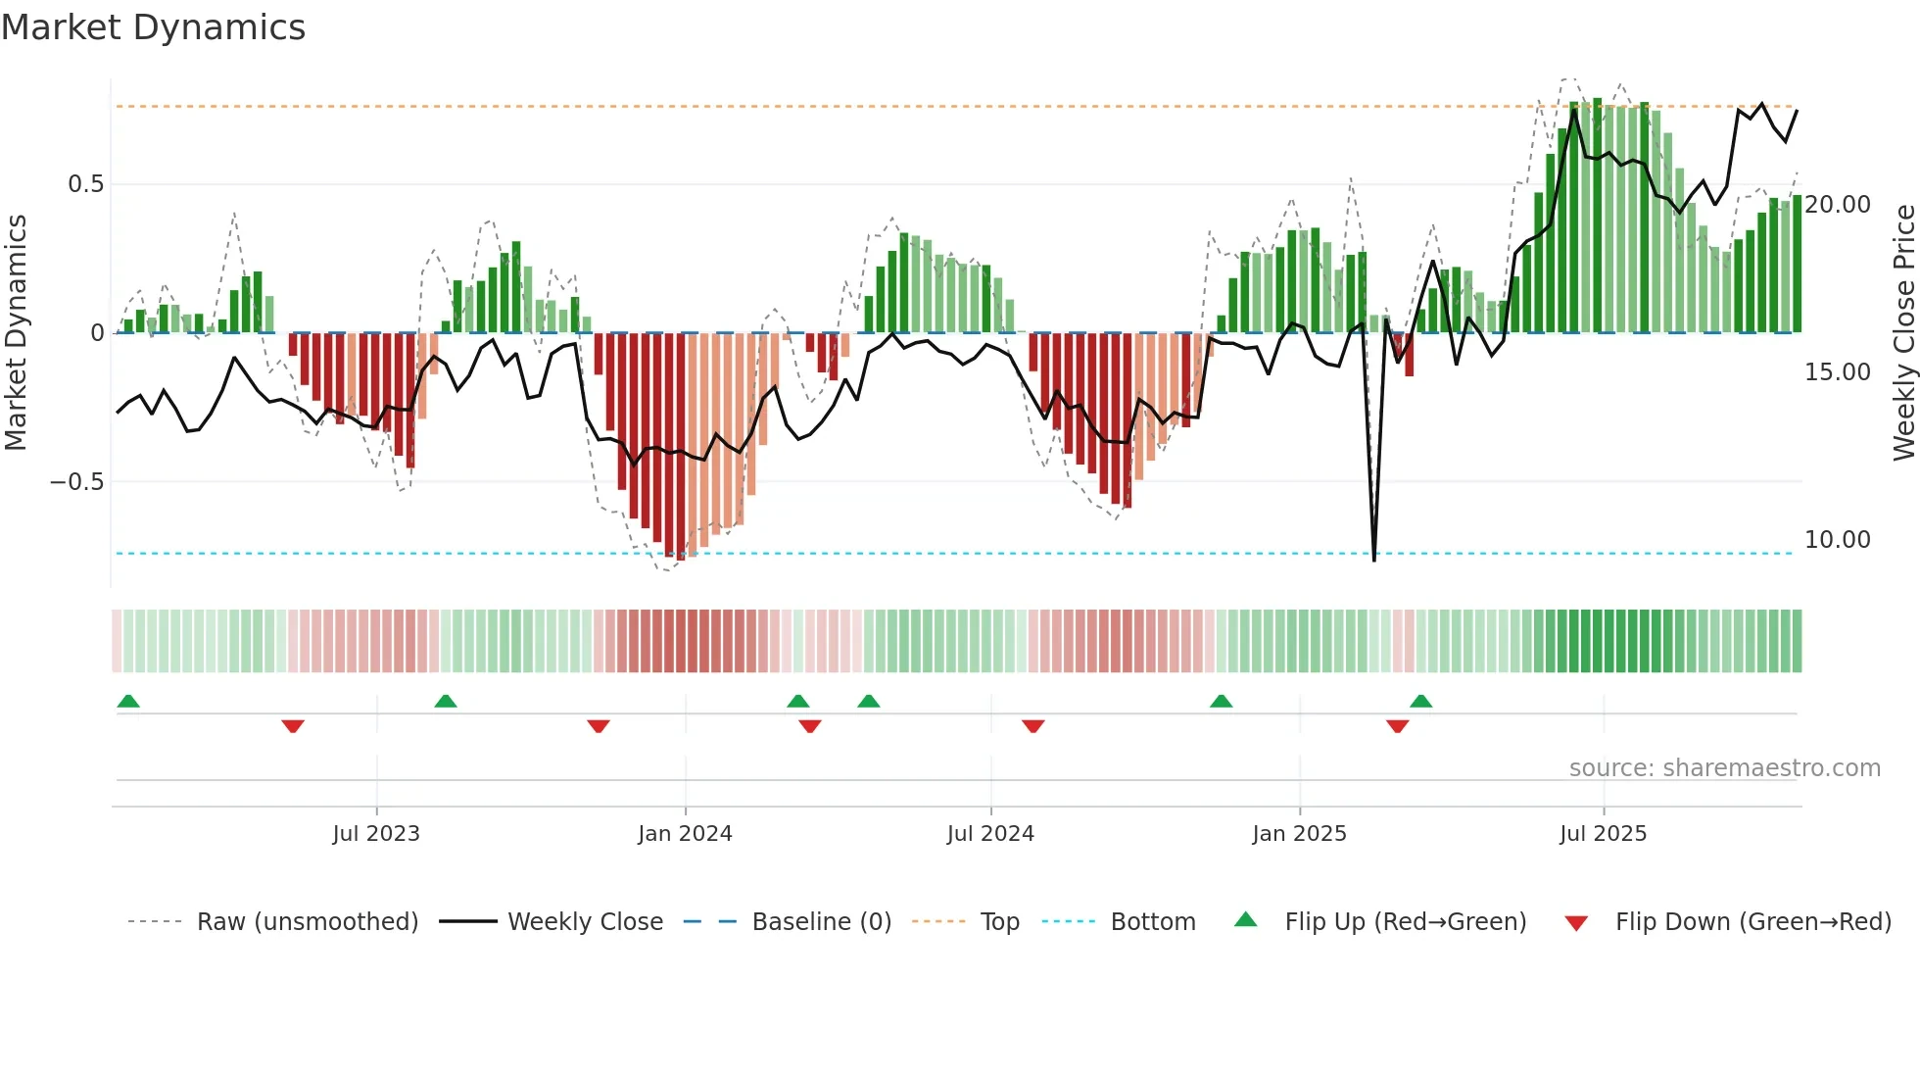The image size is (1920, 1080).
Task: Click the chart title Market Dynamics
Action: [x=154, y=27]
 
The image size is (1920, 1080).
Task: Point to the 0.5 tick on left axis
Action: [x=85, y=184]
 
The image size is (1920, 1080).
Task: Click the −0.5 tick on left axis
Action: [x=76, y=481]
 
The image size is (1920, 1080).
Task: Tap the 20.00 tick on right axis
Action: [x=1838, y=205]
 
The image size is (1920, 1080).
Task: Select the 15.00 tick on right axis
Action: [x=1838, y=372]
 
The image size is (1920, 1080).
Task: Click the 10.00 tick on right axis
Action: [x=1838, y=540]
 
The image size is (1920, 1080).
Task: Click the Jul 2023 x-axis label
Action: [x=376, y=834]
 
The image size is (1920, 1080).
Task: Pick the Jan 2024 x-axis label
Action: [x=685, y=834]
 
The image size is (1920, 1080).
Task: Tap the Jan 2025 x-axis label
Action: [x=1299, y=834]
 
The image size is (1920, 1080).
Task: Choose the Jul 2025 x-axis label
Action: [x=1603, y=834]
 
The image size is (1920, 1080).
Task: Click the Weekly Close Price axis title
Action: [x=1903, y=332]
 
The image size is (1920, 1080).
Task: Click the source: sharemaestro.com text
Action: [x=1724, y=768]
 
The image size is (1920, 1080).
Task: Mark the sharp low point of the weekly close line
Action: [x=1374, y=560]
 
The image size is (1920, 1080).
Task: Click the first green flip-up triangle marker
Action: [x=128, y=701]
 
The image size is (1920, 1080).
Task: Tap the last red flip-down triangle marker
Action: [x=1398, y=726]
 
